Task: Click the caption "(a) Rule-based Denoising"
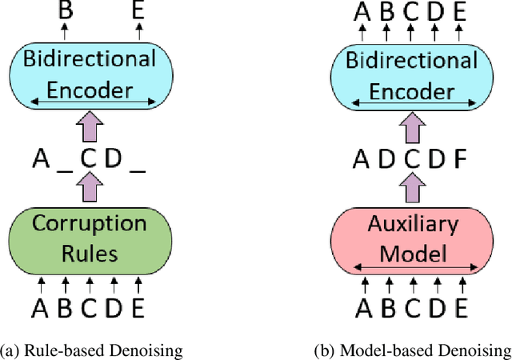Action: point(90,349)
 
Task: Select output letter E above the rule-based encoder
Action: point(138,10)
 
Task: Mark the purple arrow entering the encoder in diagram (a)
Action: point(90,126)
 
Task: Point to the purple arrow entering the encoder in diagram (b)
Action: point(412,126)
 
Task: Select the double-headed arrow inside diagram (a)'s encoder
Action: point(90,102)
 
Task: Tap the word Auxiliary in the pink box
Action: point(412,225)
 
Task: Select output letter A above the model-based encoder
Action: point(362,10)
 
